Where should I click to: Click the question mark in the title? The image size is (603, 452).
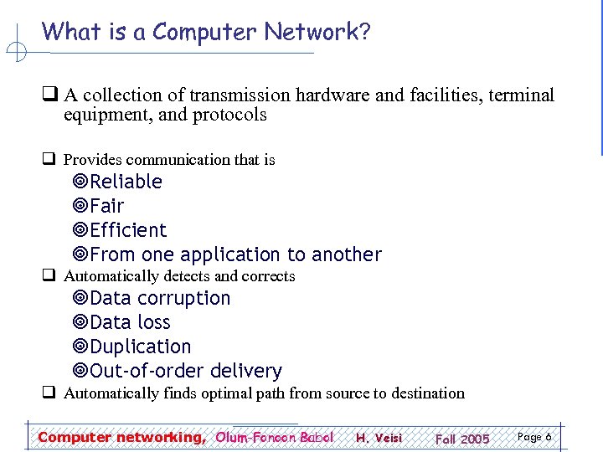[x=364, y=32]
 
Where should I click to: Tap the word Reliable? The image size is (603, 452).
[x=126, y=182]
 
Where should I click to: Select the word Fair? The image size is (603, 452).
[x=106, y=206]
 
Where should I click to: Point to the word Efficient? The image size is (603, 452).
[x=128, y=230]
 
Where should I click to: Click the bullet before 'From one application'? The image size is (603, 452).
[x=80, y=254]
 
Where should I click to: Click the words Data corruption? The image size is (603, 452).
[x=160, y=298]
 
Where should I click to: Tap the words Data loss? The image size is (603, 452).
[x=130, y=322]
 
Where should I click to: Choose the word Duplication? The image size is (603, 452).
[x=140, y=347]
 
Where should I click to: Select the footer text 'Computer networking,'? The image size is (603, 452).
[x=121, y=437]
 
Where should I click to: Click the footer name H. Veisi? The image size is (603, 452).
[x=379, y=438]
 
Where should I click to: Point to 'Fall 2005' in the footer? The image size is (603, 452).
[x=462, y=439]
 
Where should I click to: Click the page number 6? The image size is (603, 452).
[x=548, y=437]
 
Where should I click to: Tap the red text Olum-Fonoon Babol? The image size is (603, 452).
[x=275, y=437]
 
